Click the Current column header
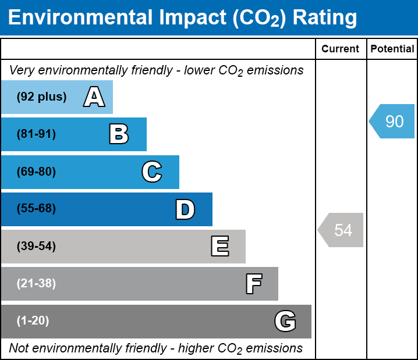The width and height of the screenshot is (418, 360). point(340,49)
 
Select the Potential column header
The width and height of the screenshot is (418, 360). point(392,49)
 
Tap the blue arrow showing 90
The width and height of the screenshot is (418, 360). point(392,121)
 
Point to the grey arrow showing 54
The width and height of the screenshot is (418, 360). point(341,230)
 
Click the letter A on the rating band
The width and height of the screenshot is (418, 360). point(94,97)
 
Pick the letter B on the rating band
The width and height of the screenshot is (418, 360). point(119,134)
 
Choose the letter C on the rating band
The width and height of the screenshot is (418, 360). point(152,172)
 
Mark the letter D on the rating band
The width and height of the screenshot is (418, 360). point(185,209)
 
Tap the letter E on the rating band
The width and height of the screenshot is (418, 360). point(220,246)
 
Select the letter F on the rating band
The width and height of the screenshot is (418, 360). point(254,284)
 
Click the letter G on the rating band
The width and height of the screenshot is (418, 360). point(285,321)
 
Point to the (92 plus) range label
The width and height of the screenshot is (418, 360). point(41,97)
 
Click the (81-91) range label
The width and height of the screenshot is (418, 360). point(36,134)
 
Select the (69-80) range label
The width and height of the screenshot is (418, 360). point(36,172)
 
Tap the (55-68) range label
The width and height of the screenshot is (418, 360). point(36,208)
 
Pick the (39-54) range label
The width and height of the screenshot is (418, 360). point(36,246)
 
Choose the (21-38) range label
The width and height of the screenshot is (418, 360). point(36,283)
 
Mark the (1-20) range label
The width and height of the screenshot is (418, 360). point(33,320)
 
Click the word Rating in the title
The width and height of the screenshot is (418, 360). point(325,18)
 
